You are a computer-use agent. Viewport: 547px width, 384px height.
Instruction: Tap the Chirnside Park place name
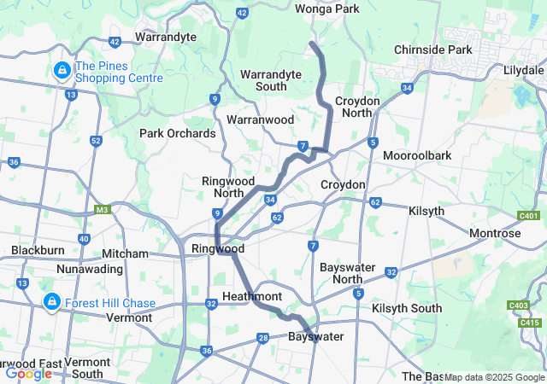pos(433,49)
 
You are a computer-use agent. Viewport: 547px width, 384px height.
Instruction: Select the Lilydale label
pos(524,68)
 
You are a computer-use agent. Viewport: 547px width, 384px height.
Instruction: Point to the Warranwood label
pos(261,119)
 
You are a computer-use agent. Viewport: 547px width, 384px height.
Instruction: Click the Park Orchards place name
pos(178,133)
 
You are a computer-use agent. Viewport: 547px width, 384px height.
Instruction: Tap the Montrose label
pos(495,233)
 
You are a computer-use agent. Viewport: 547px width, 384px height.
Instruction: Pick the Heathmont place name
pos(252,295)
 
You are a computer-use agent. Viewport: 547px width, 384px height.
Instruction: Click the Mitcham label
pos(125,253)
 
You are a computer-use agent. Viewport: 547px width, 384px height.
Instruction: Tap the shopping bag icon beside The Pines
pos(62,70)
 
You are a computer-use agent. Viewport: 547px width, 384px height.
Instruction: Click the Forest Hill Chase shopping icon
pos(51,302)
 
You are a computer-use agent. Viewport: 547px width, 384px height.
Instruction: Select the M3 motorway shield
pos(103,209)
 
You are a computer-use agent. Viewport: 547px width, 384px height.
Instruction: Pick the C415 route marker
pos(530,322)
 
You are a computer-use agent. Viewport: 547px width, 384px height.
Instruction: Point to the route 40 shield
pos(83,239)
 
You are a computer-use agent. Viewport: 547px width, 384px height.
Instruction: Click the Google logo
pos(28,374)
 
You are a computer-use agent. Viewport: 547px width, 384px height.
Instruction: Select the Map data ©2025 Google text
pos(494,377)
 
